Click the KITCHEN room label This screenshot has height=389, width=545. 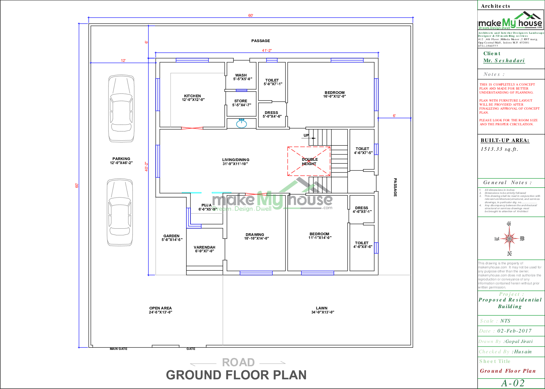192,98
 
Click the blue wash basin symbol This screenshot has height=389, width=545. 241,124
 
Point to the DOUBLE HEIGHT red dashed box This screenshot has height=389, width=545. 309,161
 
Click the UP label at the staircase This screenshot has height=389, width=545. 306,135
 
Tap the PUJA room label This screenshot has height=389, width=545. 207,207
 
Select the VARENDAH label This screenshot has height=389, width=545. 205,249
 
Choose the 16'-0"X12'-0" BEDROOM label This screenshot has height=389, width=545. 334,94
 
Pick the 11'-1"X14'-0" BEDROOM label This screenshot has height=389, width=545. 320,236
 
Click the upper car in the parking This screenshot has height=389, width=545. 121,108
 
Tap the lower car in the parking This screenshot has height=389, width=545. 120,212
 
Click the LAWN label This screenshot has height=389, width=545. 322,310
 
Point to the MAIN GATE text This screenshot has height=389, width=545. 119,349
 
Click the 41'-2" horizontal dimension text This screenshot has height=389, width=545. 267,50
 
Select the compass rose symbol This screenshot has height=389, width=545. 509,239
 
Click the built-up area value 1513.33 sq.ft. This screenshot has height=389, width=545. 499,149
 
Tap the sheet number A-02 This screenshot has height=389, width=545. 513,383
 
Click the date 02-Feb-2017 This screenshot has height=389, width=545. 514,331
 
